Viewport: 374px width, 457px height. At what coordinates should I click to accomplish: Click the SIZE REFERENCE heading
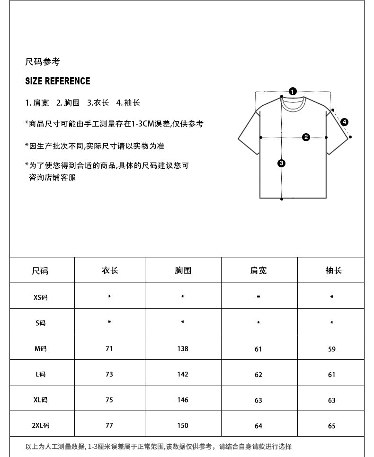(x=57, y=81)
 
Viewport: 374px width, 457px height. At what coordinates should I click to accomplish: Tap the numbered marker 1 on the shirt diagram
(x=293, y=91)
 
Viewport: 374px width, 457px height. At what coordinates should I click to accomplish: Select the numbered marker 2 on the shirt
(x=306, y=137)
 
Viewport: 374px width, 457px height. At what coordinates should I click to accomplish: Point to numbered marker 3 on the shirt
(x=282, y=164)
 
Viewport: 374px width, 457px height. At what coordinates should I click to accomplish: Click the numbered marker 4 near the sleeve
(x=344, y=122)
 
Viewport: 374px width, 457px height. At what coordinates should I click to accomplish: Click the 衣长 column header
(x=110, y=270)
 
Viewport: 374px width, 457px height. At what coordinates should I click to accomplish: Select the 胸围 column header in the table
(x=183, y=270)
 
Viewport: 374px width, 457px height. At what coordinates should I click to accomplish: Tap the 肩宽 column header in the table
(x=258, y=270)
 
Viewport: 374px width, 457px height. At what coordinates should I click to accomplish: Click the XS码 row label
(x=40, y=298)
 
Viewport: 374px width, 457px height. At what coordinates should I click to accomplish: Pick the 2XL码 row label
(x=40, y=426)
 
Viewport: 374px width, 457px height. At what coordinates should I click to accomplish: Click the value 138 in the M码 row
(x=183, y=348)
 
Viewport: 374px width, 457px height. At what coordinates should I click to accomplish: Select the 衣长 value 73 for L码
(x=109, y=374)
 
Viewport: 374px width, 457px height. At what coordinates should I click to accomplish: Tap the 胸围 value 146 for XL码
(x=183, y=400)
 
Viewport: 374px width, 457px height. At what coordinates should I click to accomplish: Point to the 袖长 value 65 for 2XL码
(x=331, y=426)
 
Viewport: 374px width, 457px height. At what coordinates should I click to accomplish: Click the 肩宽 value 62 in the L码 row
(x=258, y=375)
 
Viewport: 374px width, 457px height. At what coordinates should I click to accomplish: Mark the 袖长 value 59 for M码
(x=331, y=349)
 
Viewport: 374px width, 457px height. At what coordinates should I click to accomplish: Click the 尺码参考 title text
(x=43, y=62)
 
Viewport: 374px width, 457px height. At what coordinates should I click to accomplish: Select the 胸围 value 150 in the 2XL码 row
(x=183, y=425)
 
